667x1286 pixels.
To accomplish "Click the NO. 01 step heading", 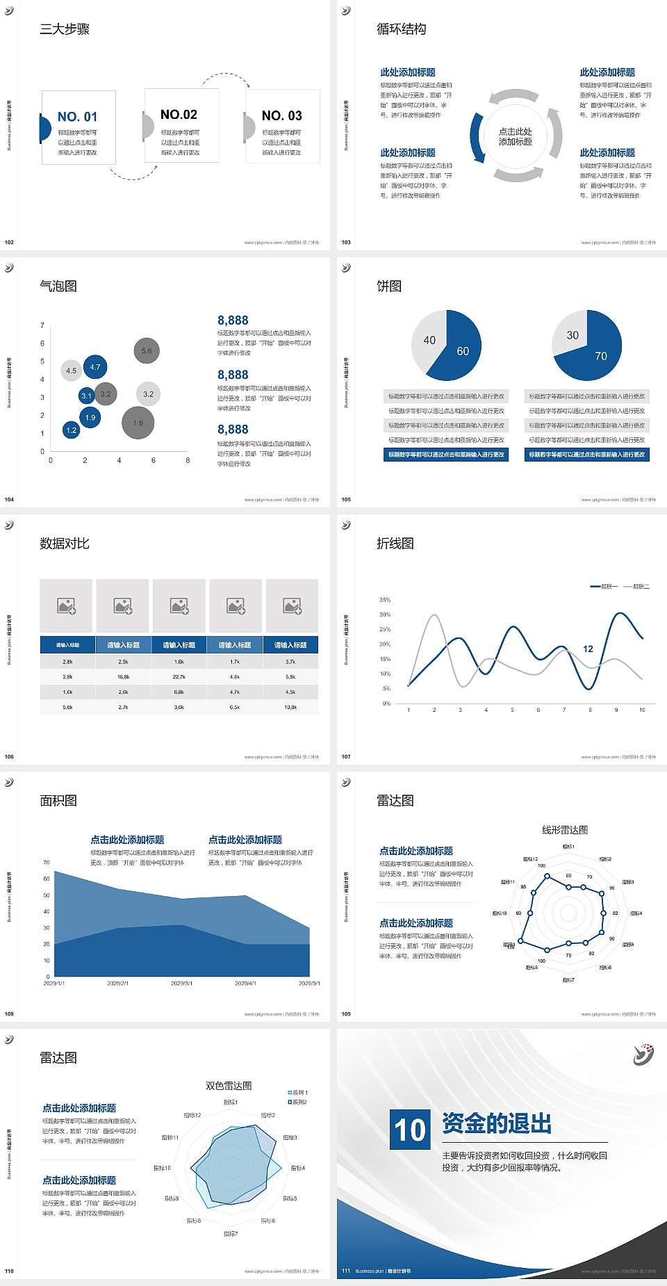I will (77, 117).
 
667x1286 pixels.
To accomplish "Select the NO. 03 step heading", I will (281, 115).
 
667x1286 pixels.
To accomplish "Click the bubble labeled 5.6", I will (147, 351).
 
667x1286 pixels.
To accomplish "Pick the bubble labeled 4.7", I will (95, 367).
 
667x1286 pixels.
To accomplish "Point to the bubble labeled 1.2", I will (71, 430).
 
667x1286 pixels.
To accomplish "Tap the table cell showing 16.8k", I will (123, 676).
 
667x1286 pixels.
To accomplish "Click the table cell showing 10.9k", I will (290, 707).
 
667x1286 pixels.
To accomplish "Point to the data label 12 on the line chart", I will (588, 649).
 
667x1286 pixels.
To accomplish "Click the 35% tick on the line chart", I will (385, 600).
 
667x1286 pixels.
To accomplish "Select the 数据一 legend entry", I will (604, 587).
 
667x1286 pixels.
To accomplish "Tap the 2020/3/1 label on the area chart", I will (181, 984).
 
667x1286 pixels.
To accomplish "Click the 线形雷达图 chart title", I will (565, 829).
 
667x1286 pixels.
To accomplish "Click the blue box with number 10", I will (410, 1129).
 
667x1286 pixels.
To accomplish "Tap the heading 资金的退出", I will (497, 1123).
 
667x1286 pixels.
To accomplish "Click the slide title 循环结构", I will (401, 29).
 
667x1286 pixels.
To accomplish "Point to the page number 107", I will (346, 756).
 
